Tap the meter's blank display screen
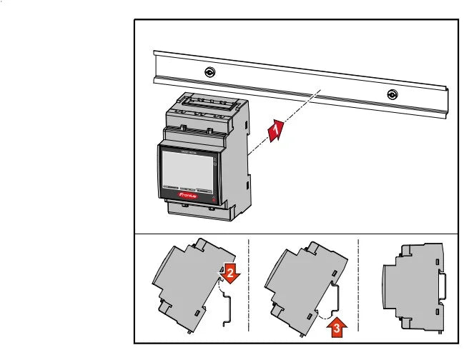(186, 167)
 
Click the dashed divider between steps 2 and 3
(249, 286)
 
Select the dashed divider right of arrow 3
(357, 286)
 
